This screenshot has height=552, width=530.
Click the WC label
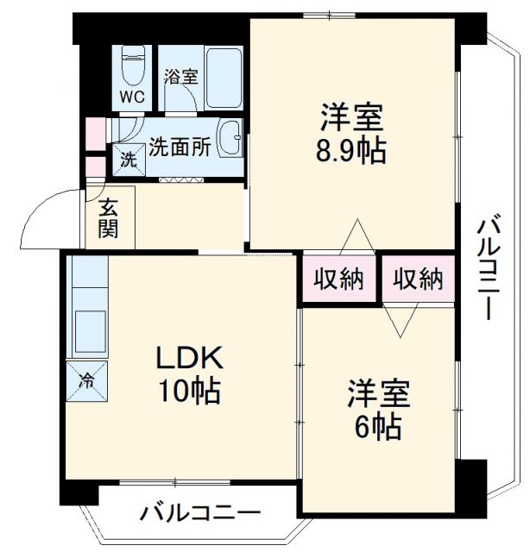[132, 96]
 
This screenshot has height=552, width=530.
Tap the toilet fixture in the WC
[133, 62]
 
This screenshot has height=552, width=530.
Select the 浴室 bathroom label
[181, 76]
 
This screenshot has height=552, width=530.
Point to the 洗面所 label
[180, 146]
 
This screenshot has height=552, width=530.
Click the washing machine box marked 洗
[128, 160]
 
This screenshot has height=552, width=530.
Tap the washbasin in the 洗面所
[230, 139]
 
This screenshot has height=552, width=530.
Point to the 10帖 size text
[189, 392]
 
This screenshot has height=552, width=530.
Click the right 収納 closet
[418, 279]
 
